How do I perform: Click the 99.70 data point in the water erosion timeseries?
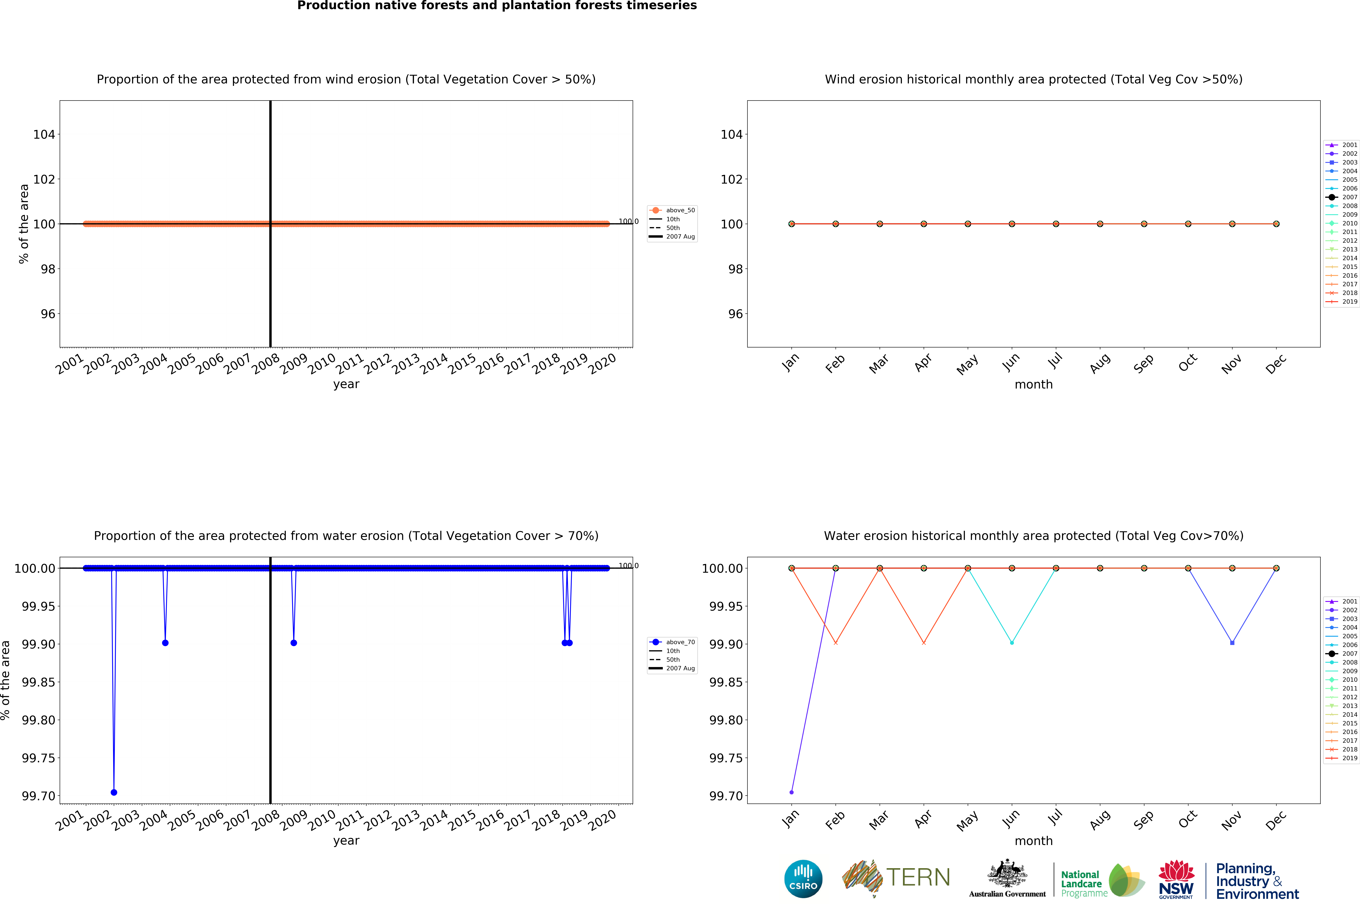(x=114, y=792)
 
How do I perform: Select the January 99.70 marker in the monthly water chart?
(x=791, y=792)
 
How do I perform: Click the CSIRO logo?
(x=803, y=879)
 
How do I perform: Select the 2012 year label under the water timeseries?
(x=378, y=821)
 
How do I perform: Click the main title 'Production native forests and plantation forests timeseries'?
(x=496, y=6)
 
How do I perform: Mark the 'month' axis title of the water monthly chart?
(x=1033, y=841)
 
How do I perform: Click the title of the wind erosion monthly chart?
(x=1033, y=79)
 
